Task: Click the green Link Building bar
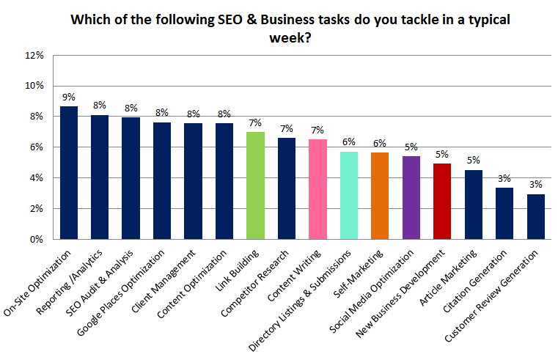coord(255,185)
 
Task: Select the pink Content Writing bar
coord(318,189)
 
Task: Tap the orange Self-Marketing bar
coord(381,196)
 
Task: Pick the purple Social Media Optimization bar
coord(412,197)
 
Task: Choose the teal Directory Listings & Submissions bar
coord(350,195)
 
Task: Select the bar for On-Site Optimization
coord(69,172)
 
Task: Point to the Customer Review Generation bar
coord(536,216)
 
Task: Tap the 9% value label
coord(69,97)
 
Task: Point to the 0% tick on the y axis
coord(36,239)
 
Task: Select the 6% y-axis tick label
coord(36,147)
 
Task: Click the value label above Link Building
coord(255,122)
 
